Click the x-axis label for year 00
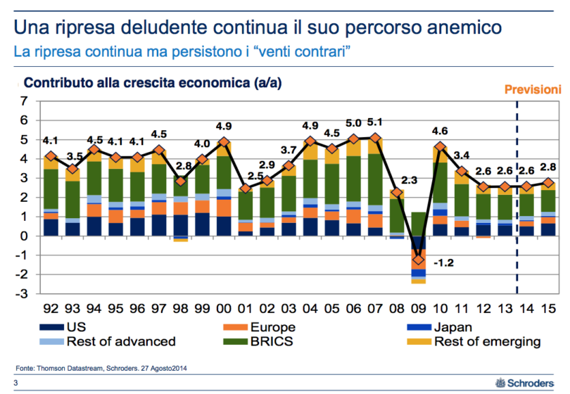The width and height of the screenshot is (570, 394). click(x=224, y=307)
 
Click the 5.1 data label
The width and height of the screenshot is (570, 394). click(x=376, y=122)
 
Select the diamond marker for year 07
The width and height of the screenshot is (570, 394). click(x=376, y=138)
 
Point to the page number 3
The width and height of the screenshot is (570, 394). click(x=15, y=383)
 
